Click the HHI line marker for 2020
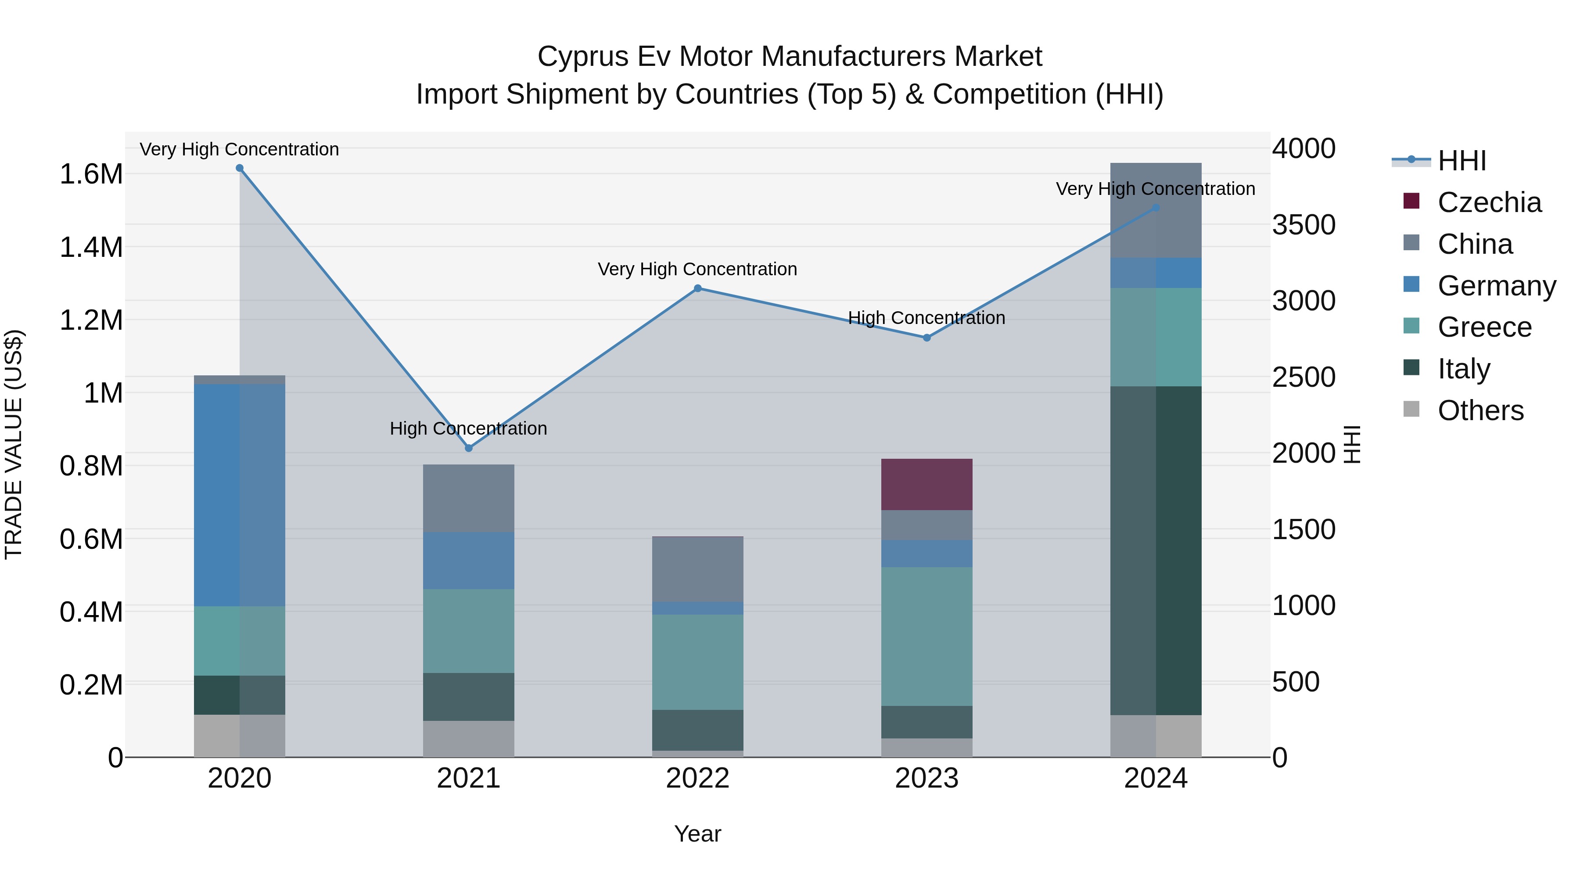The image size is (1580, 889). (x=240, y=168)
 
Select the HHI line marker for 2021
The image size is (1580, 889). (x=469, y=448)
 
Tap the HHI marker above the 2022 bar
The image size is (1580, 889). (x=697, y=288)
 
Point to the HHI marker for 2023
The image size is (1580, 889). (x=927, y=338)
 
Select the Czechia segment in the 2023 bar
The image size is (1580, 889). (x=927, y=484)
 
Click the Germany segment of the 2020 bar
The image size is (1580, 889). (x=240, y=495)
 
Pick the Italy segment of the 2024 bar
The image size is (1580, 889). (x=1156, y=551)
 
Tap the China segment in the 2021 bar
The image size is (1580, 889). (x=469, y=498)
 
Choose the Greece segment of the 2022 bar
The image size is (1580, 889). (x=697, y=662)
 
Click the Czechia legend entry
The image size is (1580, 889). (x=1489, y=202)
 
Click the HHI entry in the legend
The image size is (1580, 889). (x=1461, y=161)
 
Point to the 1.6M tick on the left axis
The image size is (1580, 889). (x=91, y=174)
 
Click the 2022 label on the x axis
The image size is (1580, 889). (x=697, y=778)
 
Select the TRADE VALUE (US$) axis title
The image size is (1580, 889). (x=14, y=444)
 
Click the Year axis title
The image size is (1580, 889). (x=697, y=834)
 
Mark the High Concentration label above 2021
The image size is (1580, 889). (x=469, y=428)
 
